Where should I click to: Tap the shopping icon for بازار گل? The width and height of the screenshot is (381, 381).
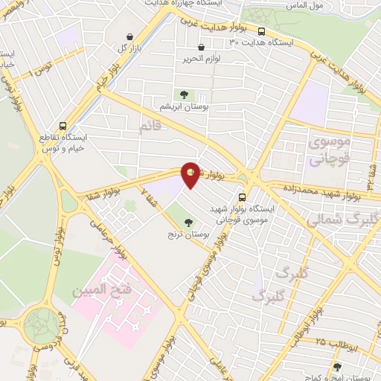(130, 36)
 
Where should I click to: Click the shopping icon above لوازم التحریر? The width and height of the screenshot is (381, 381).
(201, 48)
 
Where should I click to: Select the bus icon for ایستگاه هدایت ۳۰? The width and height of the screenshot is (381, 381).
(261, 31)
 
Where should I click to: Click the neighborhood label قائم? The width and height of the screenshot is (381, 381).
(150, 128)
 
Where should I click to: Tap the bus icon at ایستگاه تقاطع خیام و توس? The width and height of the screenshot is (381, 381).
(63, 126)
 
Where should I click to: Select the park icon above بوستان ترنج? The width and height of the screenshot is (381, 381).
(188, 221)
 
